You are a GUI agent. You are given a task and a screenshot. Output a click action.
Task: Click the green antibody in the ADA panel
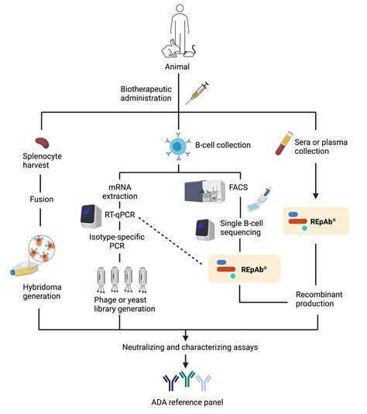(186, 379)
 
